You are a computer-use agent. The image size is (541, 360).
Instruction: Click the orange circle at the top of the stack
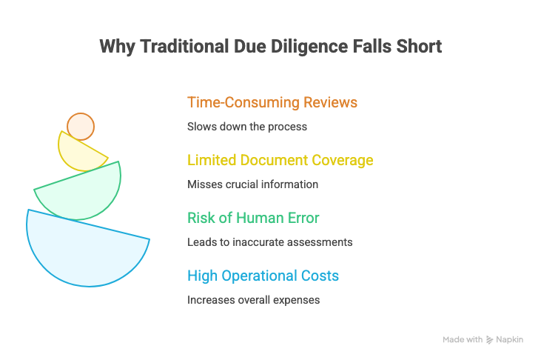[81, 126]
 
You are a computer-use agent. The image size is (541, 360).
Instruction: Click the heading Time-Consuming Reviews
[272, 102]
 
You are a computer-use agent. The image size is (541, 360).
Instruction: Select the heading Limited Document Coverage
[280, 160]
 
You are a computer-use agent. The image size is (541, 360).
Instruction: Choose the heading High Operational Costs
[263, 276]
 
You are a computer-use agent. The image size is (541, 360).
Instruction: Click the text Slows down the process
[247, 127]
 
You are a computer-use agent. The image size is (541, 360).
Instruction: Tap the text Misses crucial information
[252, 184]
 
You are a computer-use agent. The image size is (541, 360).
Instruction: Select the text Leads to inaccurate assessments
[269, 242]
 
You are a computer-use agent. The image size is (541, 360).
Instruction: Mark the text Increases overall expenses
[252, 300]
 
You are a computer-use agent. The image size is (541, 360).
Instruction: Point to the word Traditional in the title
[184, 47]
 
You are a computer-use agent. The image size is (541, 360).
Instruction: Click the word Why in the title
[115, 47]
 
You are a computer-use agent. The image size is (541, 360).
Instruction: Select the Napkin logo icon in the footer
[490, 340]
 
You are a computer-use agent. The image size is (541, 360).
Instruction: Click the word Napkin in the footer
[510, 340]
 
